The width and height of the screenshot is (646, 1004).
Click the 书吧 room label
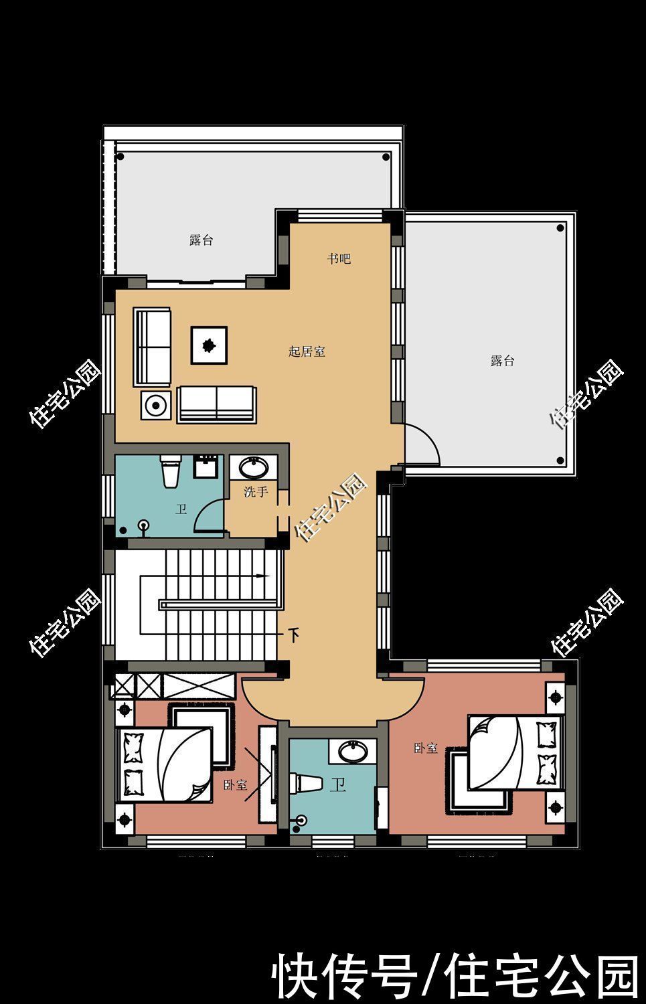tap(339, 258)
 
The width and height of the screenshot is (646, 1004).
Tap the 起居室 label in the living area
tap(307, 351)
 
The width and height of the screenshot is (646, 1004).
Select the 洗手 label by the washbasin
tap(256, 492)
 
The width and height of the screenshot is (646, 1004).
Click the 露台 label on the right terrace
tap(502, 360)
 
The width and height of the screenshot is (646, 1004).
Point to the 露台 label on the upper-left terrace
tap(201, 240)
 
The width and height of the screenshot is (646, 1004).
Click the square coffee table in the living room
tap(209, 345)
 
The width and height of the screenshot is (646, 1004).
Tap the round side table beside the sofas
tap(156, 406)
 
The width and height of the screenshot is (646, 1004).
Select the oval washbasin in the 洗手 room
tap(254, 468)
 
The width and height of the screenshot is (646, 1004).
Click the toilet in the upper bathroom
tap(171, 471)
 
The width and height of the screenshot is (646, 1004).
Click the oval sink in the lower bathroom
tap(353, 751)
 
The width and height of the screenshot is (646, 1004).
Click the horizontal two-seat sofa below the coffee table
tap(217, 404)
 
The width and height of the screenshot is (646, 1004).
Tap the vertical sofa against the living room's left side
tap(152, 347)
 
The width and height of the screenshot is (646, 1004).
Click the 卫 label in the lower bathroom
tap(337, 784)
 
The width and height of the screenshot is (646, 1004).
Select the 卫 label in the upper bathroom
tap(181, 509)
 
